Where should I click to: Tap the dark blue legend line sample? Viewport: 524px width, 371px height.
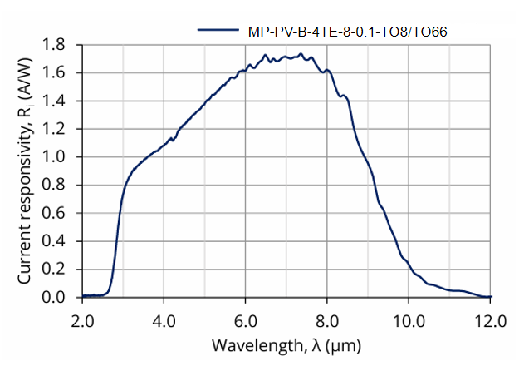[218, 31]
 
